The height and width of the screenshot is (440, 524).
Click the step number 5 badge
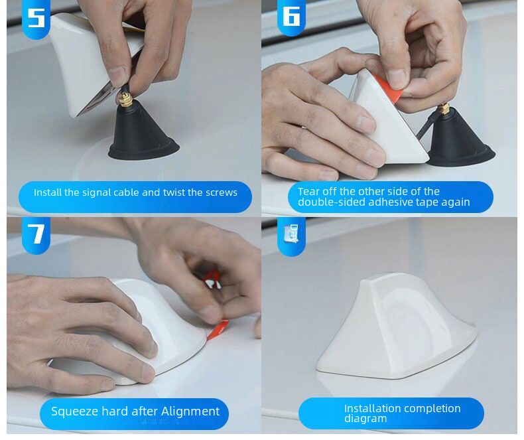[x=36, y=17]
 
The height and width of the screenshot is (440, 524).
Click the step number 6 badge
[x=291, y=16]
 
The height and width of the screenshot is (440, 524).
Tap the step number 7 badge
[x=36, y=234]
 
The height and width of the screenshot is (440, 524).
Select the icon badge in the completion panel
[x=291, y=234]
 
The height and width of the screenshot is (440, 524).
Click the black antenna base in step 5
[x=142, y=136]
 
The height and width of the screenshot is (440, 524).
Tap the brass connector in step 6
[x=443, y=108]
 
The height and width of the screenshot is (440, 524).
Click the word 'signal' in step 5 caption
[x=96, y=192]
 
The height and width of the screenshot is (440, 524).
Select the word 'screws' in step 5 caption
[x=222, y=192]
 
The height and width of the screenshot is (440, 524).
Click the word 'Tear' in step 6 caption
[x=308, y=191]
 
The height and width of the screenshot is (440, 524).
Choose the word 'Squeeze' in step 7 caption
[x=74, y=411]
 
